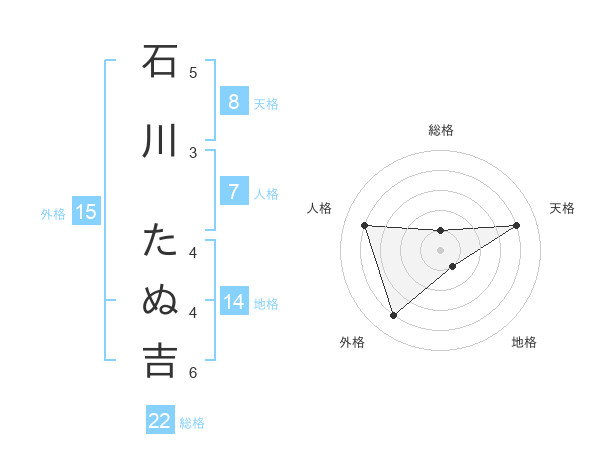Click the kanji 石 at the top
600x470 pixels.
(x=160, y=62)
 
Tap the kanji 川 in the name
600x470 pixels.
(x=160, y=141)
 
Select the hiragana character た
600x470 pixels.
(x=160, y=241)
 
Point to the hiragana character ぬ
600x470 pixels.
(x=160, y=300)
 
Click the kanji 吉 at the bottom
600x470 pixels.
(x=160, y=361)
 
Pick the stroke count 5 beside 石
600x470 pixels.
(x=194, y=72)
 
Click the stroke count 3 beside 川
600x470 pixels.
(x=194, y=152)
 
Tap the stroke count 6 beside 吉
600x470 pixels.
(x=194, y=373)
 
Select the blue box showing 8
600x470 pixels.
(x=233, y=101)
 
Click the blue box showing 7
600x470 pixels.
(x=233, y=191)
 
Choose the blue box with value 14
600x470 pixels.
(x=233, y=302)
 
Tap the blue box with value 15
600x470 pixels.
(x=85, y=211)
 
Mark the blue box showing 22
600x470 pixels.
(x=160, y=421)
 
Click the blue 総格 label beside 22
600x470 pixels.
(x=192, y=423)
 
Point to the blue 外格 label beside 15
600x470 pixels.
(x=53, y=213)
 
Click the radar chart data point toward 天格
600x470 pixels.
(x=516, y=225)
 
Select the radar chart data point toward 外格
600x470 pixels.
(x=393, y=316)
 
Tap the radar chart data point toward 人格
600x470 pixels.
(x=364, y=225)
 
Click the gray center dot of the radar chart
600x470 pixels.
(x=440, y=249)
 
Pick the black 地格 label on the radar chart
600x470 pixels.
(x=524, y=342)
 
